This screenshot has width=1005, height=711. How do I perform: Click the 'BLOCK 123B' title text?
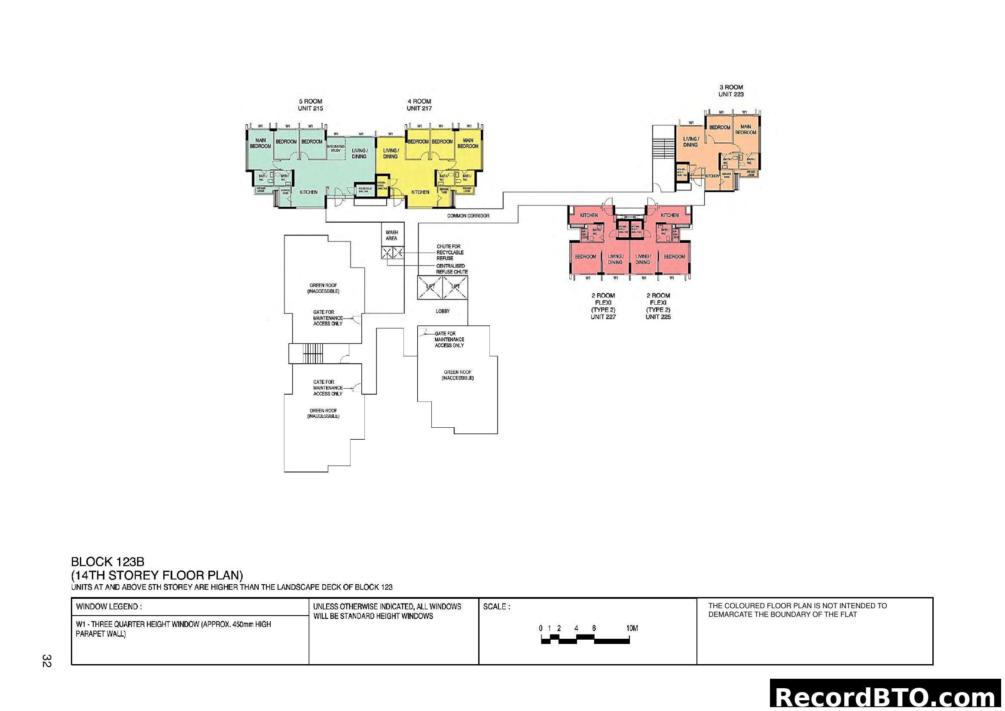pos(108,562)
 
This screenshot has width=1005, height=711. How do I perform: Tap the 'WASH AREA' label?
pos(392,236)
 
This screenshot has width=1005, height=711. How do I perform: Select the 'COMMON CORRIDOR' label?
pos(468,216)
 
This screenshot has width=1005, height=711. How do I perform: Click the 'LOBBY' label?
pos(443,311)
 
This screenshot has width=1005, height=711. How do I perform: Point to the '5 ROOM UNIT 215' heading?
pos(310,105)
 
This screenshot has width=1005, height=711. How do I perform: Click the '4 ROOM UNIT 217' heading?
pos(419,105)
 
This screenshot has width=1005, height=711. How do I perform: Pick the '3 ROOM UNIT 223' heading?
pos(730,91)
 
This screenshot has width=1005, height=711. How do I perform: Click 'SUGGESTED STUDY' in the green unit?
pos(335,148)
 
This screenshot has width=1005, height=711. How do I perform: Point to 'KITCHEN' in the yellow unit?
pos(420,192)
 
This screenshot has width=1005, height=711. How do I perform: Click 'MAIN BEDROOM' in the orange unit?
pos(745,129)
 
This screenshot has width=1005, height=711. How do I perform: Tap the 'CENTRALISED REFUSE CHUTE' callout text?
pos(452,269)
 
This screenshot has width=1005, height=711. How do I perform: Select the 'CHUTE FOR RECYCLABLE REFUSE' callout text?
pos(449,253)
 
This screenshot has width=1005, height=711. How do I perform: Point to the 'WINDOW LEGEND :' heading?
pos(109,607)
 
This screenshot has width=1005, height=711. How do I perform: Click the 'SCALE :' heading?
pos(496,607)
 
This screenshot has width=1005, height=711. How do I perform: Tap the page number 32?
pos(47,661)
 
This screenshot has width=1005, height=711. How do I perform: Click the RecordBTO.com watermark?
pos(886,697)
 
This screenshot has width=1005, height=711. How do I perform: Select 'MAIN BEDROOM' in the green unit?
pos(260,143)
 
